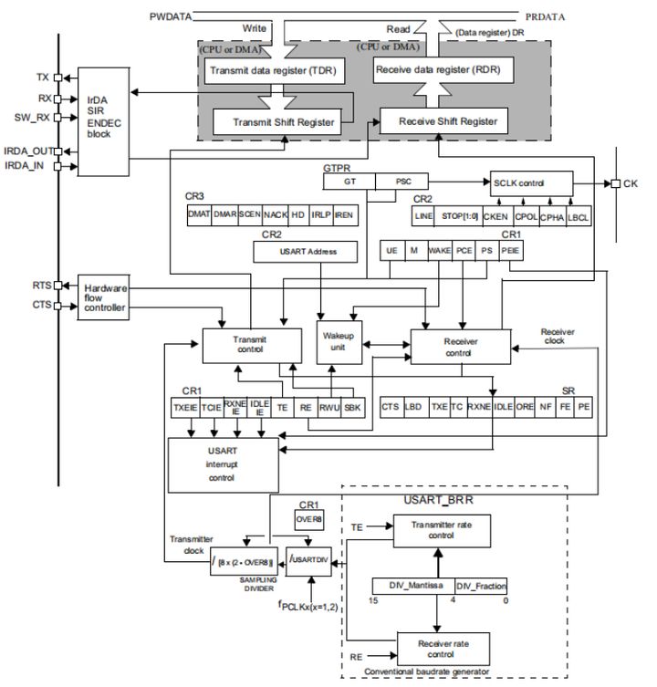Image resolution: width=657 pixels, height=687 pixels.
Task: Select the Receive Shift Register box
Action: [439, 121]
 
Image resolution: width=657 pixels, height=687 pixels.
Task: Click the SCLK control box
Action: [531, 183]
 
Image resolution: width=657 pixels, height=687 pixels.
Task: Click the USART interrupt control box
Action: [222, 463]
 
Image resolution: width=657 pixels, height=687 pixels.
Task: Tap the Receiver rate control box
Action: [437, 650]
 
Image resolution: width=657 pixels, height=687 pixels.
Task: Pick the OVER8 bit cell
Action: [308, 519]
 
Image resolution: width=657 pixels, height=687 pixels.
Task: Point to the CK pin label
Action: [631, 184]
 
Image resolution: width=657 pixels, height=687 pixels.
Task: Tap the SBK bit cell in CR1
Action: [351, 408]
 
